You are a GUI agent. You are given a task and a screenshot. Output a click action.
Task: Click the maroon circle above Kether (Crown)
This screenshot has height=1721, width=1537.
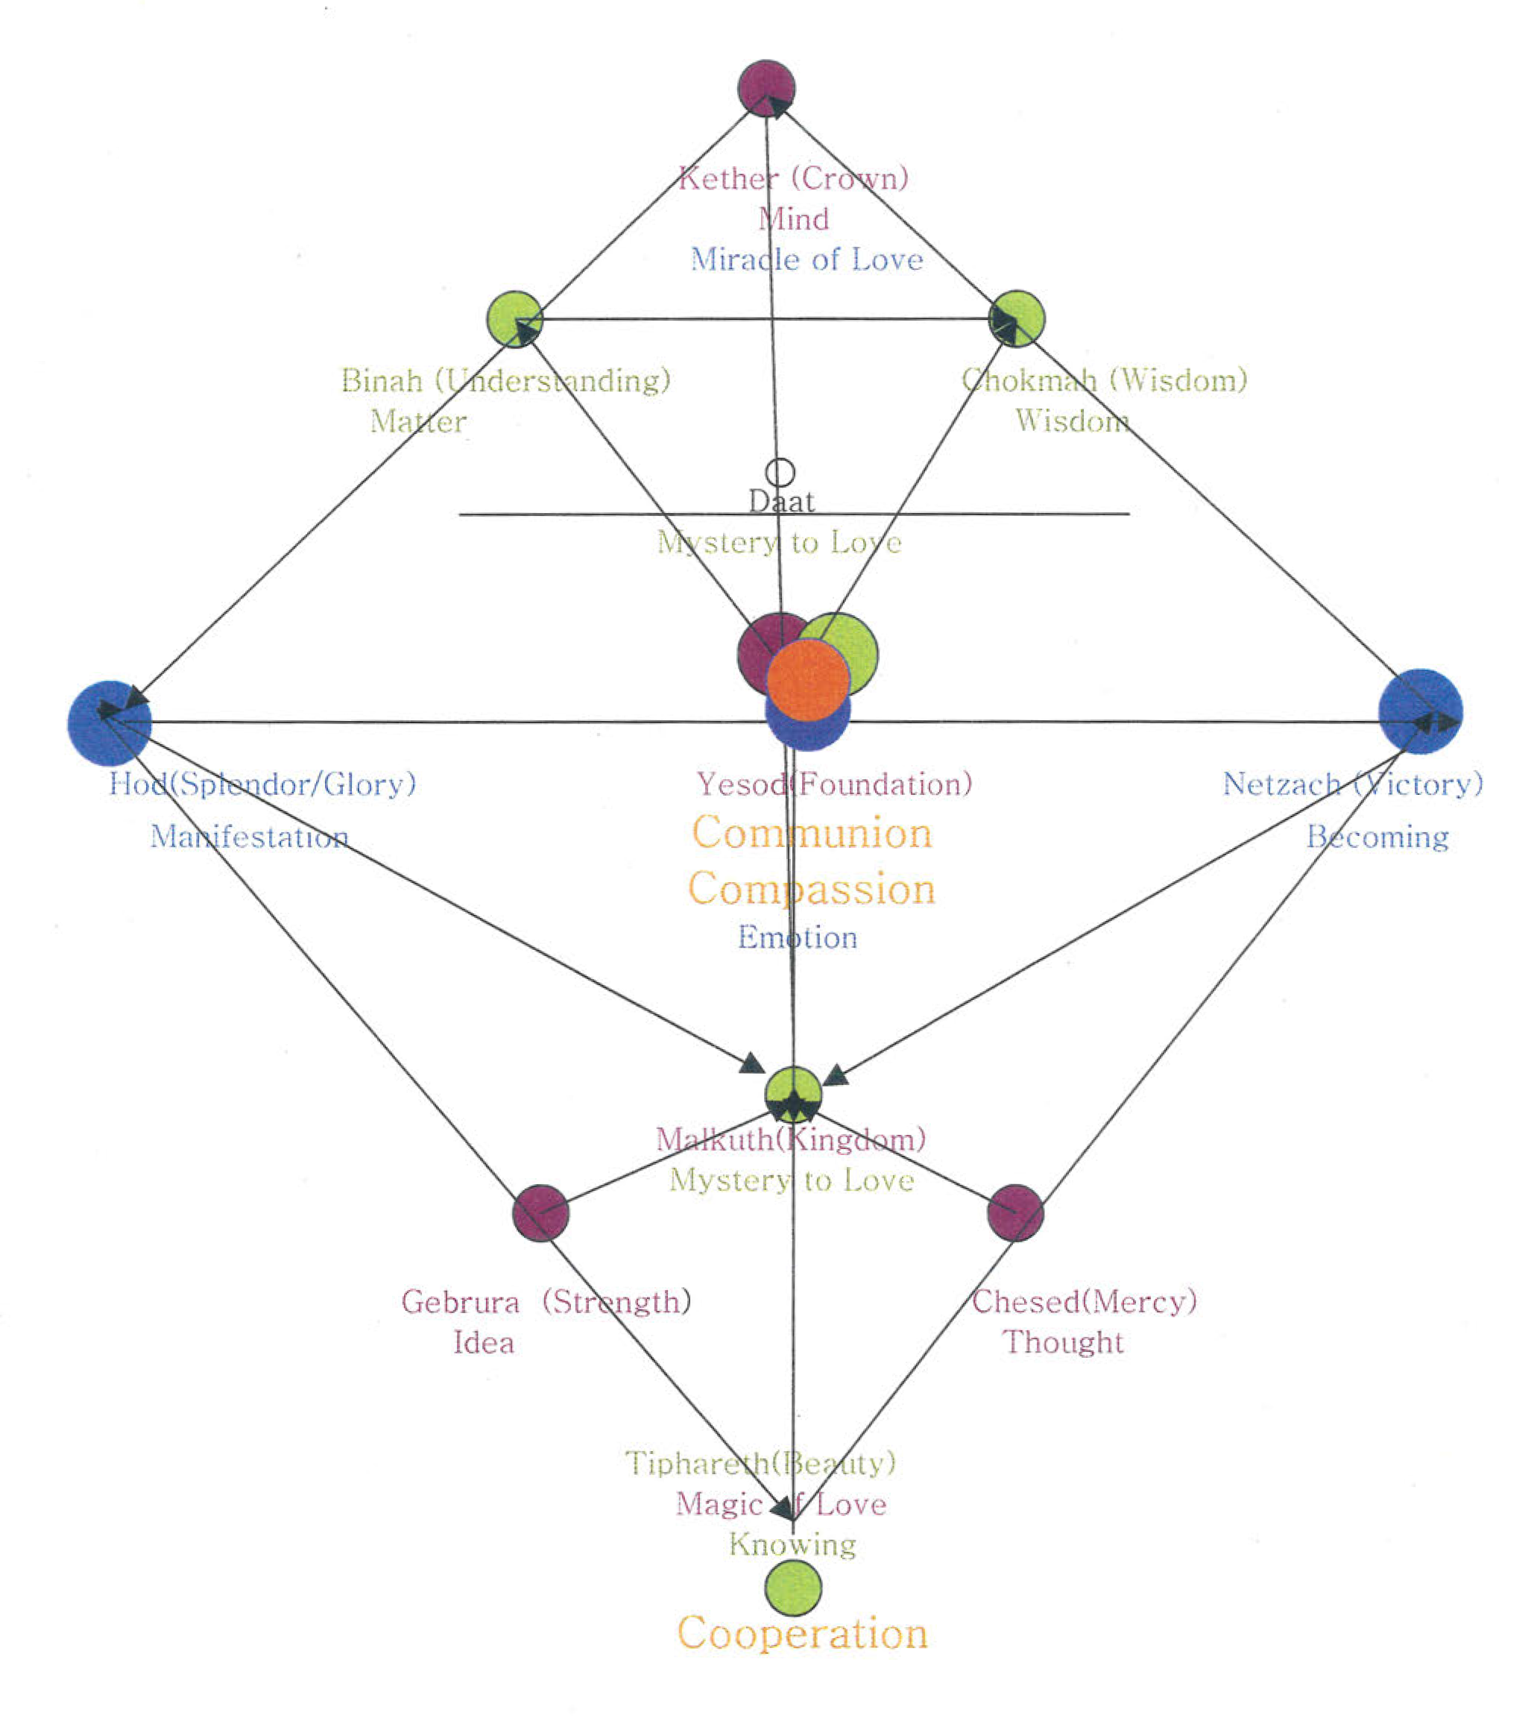pos(766,88)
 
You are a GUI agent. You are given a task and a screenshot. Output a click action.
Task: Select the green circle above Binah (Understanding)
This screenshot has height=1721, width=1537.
pos(514,318)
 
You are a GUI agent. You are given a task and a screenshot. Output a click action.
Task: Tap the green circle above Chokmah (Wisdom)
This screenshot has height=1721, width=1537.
pos(1017,318)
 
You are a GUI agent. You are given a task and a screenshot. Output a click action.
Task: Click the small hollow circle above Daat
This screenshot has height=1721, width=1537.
pos(780,472)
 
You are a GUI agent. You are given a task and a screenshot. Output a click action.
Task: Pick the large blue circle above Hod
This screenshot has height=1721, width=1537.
pos(110,723)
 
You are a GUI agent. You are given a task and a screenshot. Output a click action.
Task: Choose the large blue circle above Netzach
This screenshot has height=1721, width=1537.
pos(1421,711)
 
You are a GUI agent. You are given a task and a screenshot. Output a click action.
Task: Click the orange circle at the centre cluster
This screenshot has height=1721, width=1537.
pos(808,680)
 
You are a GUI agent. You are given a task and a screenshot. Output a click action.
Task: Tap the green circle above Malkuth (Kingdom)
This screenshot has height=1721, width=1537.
pos(793,1094)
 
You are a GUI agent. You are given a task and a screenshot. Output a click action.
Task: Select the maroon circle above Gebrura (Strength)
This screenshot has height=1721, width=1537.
pos(540,1212)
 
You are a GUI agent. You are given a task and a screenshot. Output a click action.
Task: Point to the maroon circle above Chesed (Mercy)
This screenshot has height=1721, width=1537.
pos(1016,1212)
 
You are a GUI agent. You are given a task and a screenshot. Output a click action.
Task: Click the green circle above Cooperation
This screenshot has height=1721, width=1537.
pos(793,1588)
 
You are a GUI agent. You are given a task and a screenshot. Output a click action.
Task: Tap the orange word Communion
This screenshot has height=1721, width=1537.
pos(812,833)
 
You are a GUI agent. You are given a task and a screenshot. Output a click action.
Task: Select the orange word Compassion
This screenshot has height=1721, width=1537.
pos(812,889)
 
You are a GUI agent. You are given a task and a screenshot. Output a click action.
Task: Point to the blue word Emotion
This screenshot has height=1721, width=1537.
pos(798,937)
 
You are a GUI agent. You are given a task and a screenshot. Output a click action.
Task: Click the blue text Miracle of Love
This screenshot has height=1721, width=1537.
pos(807,259)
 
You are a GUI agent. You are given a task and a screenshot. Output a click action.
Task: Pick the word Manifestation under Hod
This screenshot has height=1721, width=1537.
pos(249,837)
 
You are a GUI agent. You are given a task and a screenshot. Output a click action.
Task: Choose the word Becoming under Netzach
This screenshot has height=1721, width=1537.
pos(1377,837)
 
